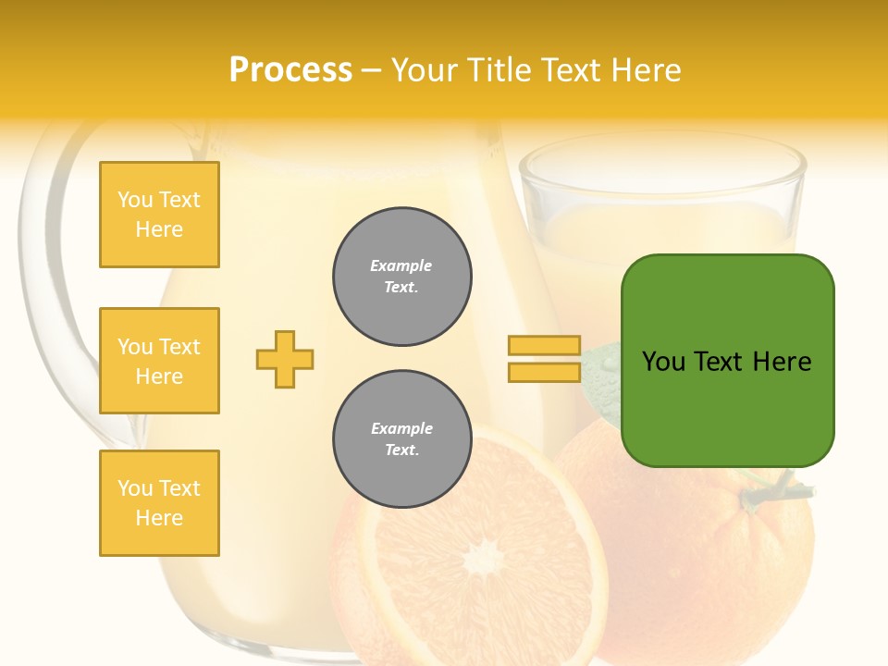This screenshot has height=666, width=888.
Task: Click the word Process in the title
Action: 290,70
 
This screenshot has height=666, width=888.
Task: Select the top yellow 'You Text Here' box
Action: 159,215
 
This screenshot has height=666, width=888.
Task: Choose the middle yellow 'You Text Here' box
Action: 159,361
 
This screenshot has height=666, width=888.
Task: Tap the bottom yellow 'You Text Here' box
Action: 159,503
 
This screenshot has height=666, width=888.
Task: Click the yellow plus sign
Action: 285,359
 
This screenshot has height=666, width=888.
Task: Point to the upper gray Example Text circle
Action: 402,277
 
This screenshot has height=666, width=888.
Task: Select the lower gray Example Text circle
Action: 402,439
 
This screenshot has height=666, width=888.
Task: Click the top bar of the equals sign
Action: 544,345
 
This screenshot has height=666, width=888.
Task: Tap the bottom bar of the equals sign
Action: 544,372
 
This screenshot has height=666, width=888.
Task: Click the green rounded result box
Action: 727,361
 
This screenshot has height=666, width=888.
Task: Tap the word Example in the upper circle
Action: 401,266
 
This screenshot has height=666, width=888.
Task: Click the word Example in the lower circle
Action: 401,429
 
